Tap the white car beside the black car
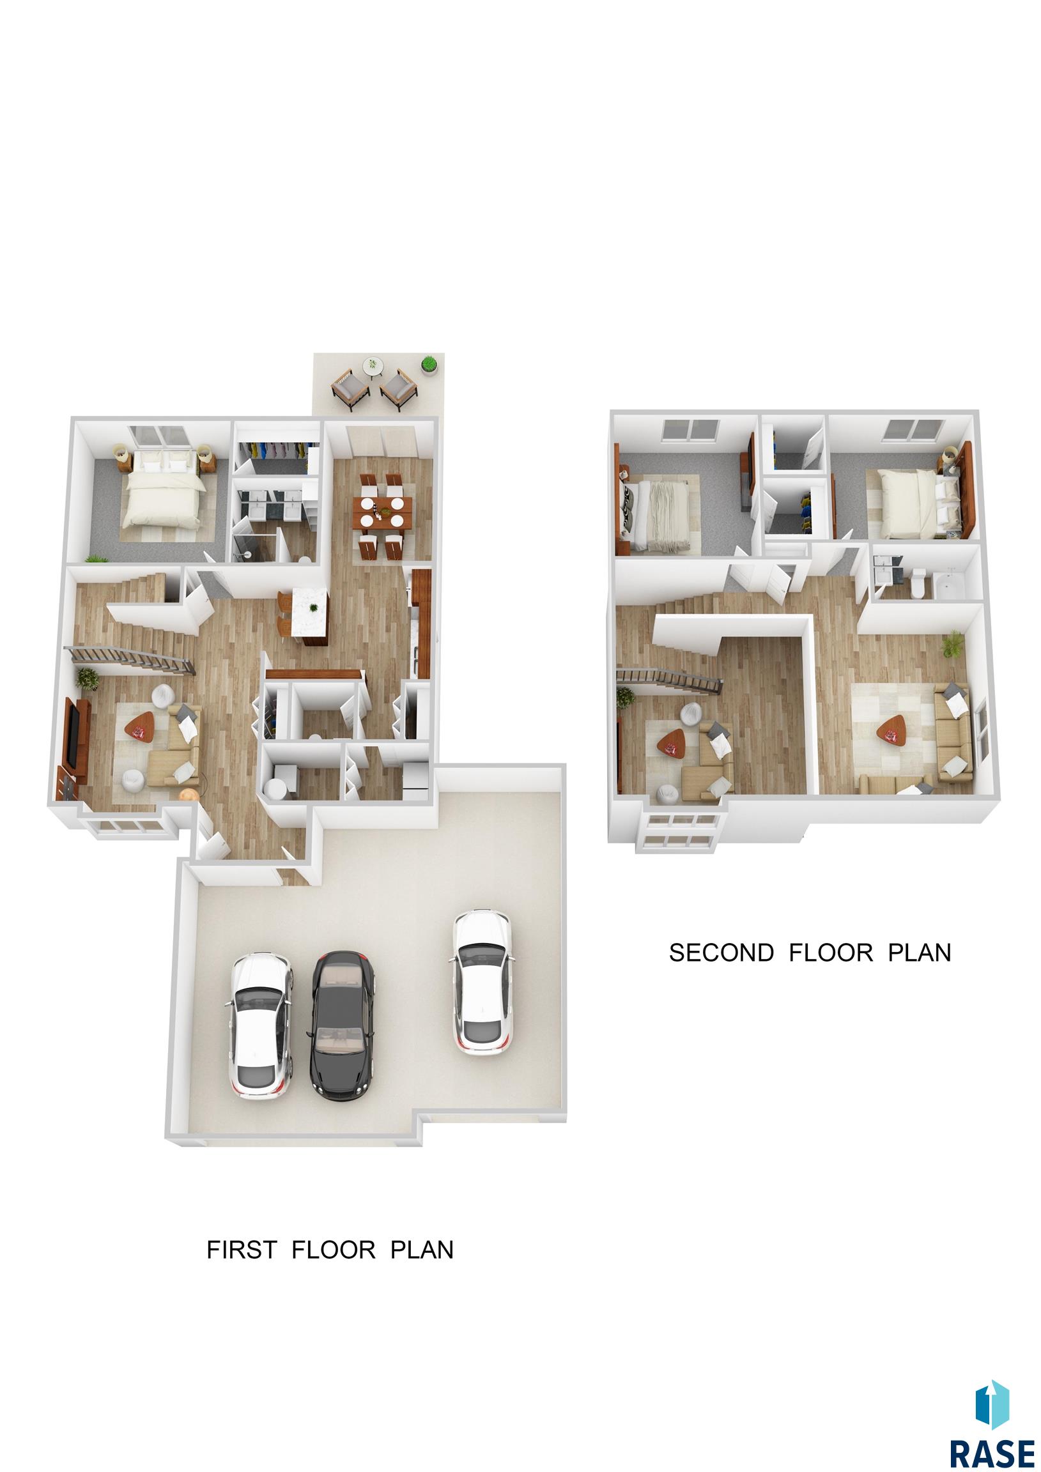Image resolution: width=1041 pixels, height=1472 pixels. tap(261, 1026)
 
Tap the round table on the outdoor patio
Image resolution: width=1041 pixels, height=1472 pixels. tap(373, 367)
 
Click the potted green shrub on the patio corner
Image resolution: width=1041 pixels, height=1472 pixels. tap(428, 365)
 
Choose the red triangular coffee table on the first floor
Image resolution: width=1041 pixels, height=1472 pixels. tap(141, 727)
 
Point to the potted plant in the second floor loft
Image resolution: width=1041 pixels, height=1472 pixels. tap(953, 643)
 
